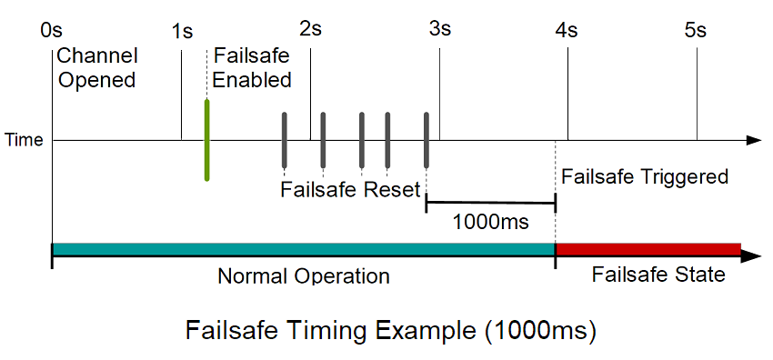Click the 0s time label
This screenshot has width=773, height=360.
pos(51,30)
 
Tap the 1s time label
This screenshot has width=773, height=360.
pos(182,30)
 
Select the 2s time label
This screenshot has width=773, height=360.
pos(310,28)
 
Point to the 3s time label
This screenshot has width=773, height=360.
pos(440,28)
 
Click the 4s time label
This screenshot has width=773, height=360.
pos(567,30)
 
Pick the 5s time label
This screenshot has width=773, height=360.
pos(696,30)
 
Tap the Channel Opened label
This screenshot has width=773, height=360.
pos(95,68)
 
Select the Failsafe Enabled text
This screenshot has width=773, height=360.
pos(252,68)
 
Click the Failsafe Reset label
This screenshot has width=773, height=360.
pos(350,190)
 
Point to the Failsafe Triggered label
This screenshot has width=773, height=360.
pos(645,176)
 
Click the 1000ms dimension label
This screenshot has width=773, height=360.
pos(491,221)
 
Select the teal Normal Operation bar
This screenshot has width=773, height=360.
pos(304,249)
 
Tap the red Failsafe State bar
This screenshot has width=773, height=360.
pos(648,249)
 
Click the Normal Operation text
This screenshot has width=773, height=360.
pos(304,275)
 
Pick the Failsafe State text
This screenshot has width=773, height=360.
pos(658,275)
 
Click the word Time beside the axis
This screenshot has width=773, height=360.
pos(25,141)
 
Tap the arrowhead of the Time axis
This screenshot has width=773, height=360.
pos(753,140)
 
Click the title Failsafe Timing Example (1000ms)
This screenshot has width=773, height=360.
pos(391,328)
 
